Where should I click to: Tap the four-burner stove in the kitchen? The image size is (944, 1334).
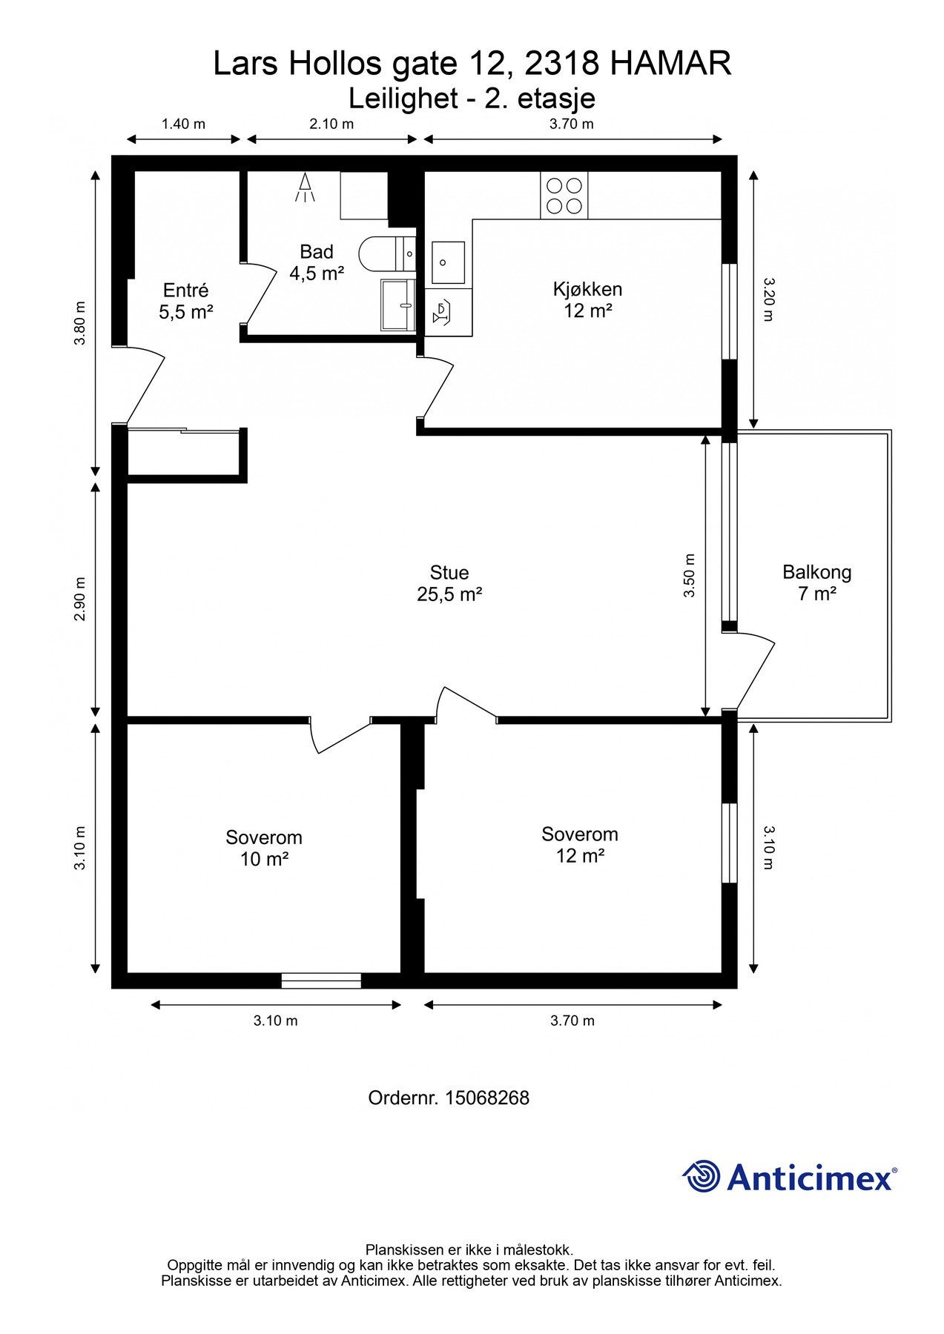click(564, 195)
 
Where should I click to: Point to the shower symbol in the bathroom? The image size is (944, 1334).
click(305, 188)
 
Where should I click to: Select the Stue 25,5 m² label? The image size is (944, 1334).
click(449, 583)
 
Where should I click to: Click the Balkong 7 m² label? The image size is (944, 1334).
click(816, 583)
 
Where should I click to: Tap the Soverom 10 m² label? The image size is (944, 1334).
click(264, 848)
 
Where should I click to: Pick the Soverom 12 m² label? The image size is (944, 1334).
click(580, 845)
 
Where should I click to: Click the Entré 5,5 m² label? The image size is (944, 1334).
click(185, 301)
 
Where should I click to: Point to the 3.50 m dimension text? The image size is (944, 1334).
click(689, 576)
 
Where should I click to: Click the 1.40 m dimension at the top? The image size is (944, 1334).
click(183, 124)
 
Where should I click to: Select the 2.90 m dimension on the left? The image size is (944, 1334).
click(81, 600)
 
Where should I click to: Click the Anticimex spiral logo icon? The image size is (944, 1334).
click(702, 1176)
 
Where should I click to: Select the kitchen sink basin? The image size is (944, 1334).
click(448, 262)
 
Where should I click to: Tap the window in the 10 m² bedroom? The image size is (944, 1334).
click(321, 980)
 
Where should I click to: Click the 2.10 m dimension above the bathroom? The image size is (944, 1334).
click(331, 124)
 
